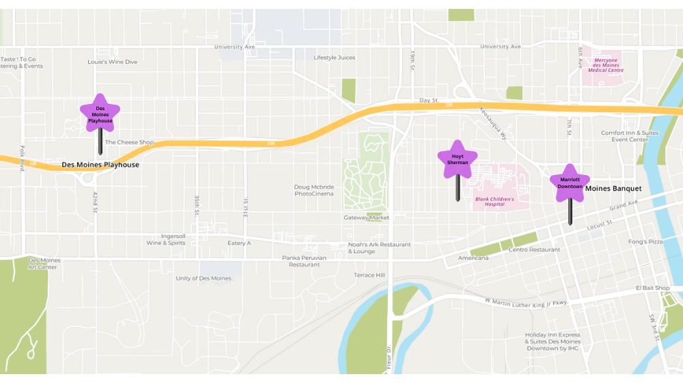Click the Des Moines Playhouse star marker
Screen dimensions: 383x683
[100, 114]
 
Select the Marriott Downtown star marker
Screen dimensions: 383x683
[570, 183]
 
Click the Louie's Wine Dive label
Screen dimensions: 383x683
[112, 62]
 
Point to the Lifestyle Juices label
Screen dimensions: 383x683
[334, 57]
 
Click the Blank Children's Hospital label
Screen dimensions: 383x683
[494, 201]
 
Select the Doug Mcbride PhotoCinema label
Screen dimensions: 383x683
[314, 190]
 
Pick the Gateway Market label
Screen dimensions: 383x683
[366, 217]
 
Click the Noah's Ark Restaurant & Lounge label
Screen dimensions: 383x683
[379, 248]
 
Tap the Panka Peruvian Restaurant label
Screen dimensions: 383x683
[304, 261]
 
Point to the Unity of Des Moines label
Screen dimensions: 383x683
[204, 278]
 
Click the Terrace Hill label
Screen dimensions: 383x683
[369, 275]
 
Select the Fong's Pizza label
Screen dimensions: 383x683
[645, 241]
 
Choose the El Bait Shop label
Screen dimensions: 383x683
[653, 288]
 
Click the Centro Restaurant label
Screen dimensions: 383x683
[534, 250]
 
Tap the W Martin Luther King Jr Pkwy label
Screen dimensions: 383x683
[526, 302]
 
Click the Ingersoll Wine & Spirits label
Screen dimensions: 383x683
[165, 239]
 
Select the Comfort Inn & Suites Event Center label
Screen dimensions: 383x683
[630, 136]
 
